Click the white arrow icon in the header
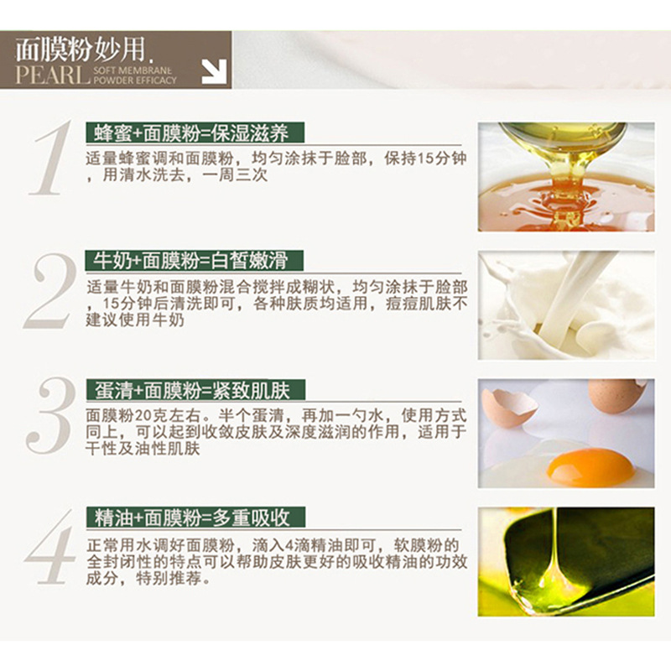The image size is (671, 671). [214, 71]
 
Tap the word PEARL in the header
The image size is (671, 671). [53, 75]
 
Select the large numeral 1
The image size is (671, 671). [49, 158]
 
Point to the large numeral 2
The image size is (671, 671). [49, 291]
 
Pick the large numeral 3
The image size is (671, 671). [51, 415]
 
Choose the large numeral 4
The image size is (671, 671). [50, 547]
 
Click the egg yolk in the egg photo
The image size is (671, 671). [590, 467]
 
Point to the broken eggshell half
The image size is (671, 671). [510, 407]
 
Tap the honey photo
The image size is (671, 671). [566, 177]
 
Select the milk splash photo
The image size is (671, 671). [566, 305]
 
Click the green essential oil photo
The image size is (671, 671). [566, 562]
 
